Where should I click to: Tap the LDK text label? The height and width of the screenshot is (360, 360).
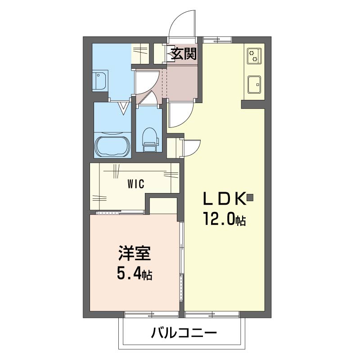tap(224, 198)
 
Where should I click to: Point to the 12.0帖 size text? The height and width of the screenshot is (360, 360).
tap(224, 219)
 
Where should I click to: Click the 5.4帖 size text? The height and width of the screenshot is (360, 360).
tap(135, 273)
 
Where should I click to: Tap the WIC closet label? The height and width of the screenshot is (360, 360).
tap(135, 184)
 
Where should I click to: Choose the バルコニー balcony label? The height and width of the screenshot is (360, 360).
tap(184, 333)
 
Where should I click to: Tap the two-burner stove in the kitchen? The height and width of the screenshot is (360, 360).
tap(254, 55)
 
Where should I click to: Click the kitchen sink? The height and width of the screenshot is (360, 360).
tap(254, 85)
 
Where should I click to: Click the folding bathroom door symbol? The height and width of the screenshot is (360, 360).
tap(123, 108)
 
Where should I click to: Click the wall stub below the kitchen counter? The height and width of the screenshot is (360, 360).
tap(253, 104)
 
